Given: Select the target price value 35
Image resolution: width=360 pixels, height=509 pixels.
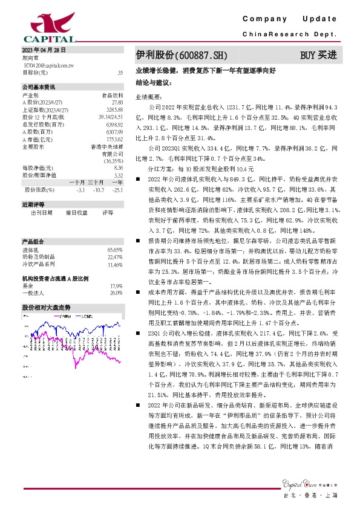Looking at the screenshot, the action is (120, 72).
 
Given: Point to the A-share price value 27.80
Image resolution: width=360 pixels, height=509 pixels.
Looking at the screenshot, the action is (117, 103).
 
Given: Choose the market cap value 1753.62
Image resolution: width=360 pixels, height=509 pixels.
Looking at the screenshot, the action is (114, 138).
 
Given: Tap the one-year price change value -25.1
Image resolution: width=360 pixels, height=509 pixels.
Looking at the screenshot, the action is (117, 190).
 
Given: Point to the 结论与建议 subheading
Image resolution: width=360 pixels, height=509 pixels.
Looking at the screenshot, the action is (154, 81).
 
